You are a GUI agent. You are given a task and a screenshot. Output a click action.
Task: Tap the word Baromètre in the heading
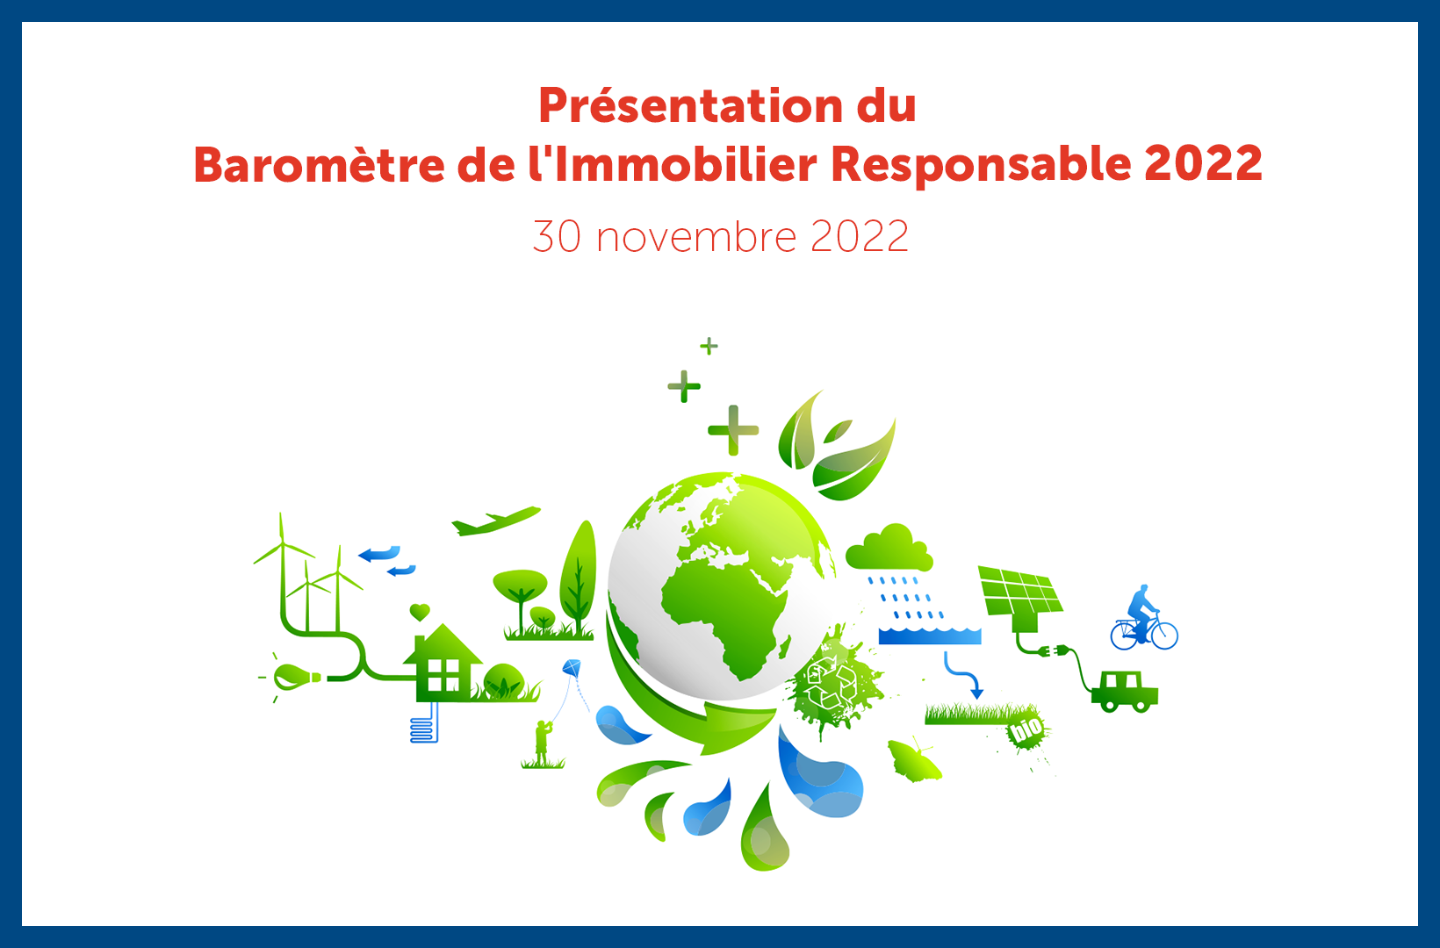click(x=319, y=164)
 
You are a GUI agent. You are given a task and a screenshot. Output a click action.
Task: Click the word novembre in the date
click(x=697, y=236)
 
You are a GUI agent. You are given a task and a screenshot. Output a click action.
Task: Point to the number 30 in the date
click(x=557, y=236)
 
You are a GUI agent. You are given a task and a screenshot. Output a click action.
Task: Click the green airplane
click(x=495, y=521)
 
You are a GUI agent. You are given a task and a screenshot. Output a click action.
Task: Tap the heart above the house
click(x=420, y=612)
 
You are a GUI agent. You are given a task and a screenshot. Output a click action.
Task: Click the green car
click(x=1125, y=692)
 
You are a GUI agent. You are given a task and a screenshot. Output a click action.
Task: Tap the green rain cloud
click(x=889, y=549)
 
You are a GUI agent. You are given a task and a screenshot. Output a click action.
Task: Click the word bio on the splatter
click(x=1026, y=729)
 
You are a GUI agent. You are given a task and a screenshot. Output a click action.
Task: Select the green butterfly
click(x=914, y=761)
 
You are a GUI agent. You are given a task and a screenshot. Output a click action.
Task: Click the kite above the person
click(x=572, y=668)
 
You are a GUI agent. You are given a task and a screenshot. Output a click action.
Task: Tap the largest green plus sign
click(x=733, y=430)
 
